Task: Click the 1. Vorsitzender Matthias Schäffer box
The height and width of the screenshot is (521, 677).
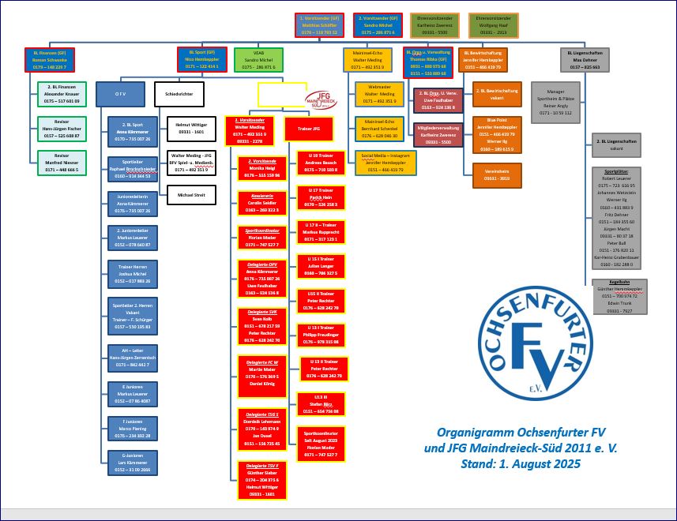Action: [318, 25]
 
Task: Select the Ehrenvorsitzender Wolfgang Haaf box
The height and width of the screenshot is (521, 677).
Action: [493, 25]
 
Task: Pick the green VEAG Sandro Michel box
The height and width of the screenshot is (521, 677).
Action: [258, 61]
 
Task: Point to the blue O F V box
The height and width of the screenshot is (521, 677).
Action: [121, 94]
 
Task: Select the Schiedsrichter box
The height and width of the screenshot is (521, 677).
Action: [179, 94]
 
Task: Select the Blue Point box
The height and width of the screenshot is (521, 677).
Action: [498, 136]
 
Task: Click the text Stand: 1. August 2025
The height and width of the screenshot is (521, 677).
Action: [521, 464]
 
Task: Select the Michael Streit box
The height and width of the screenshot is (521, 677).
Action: [190, 194]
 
